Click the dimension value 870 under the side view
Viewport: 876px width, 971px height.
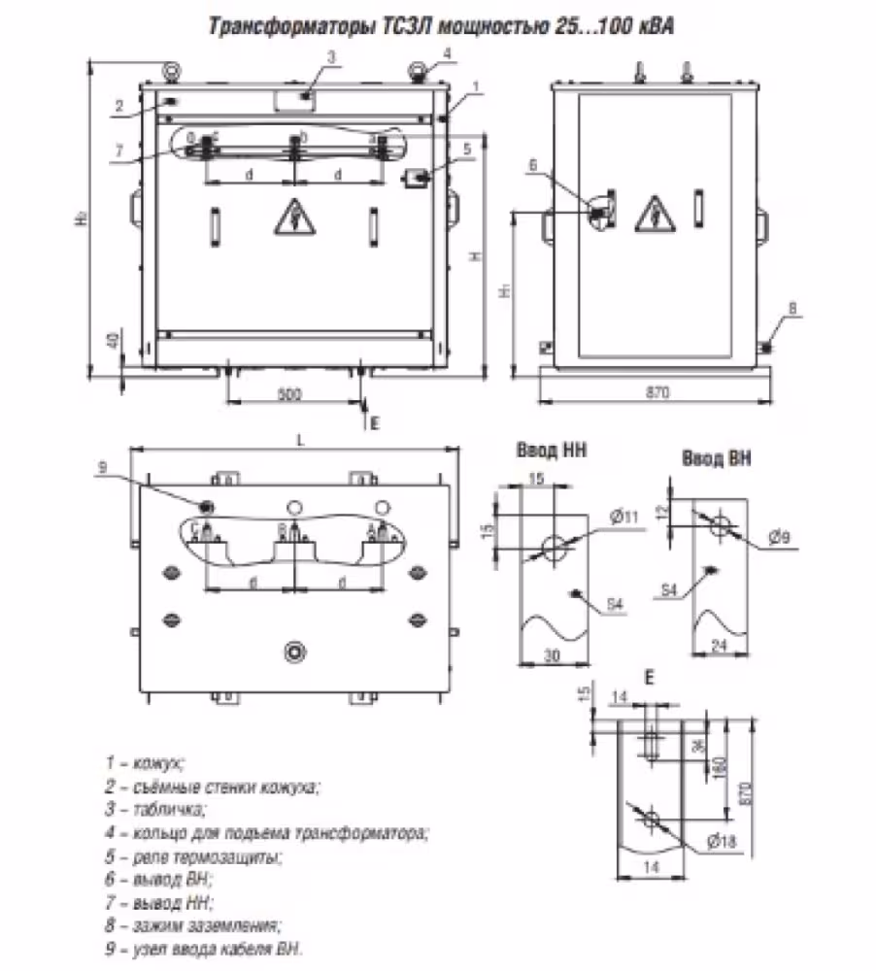coord(657,393)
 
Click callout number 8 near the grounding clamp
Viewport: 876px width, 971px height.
coord(792,309)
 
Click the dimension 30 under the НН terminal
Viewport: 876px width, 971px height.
coord(551,657)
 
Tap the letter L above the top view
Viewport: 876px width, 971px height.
coord(301,440)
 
